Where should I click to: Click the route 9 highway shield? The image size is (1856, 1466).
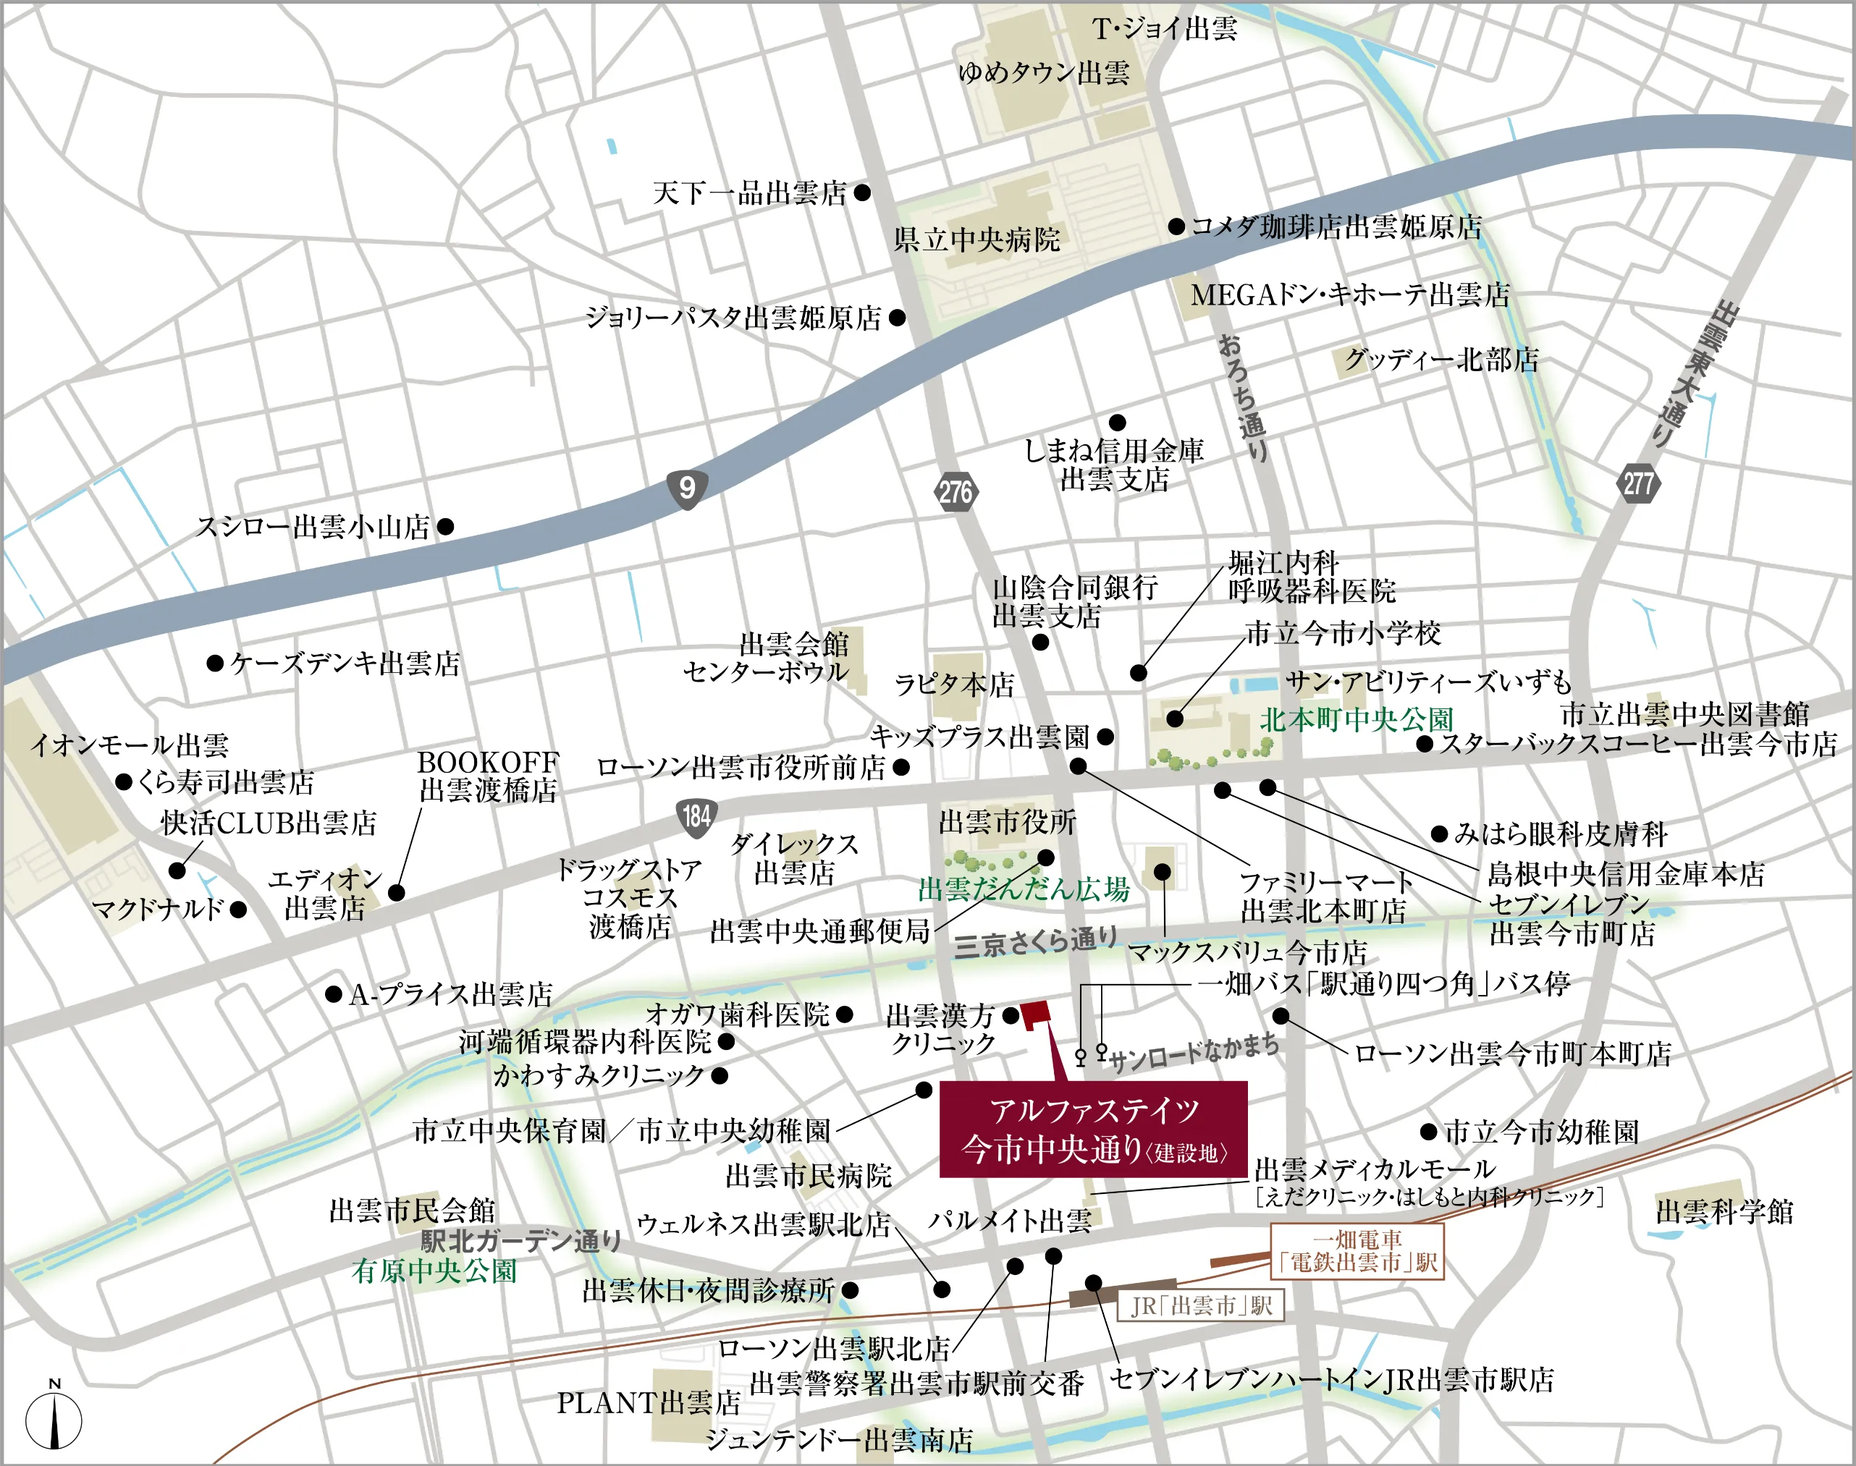click(x=687, y=488)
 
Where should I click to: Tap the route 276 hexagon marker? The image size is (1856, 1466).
click(x=955, y=492)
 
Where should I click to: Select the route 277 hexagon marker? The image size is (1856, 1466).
click(x=1638, y=483)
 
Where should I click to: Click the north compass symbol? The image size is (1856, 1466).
click(x=54, y=1419)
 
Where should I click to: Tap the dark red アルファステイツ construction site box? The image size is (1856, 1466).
click(x=1094, y=1129)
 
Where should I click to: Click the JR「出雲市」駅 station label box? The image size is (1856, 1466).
click(x=1200, y=1305)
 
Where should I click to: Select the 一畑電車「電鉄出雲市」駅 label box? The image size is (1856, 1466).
click(x=1357, y=1251)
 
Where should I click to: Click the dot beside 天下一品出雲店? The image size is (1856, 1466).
click(x=862, y=192)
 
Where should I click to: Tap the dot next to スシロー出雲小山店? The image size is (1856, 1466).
click(x=444, y=526)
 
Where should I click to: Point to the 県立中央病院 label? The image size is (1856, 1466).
click(x=977, y=240)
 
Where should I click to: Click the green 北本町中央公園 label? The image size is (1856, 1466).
click(x=1357, y=719)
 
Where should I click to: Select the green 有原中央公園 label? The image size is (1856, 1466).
click(x=434, y=1271)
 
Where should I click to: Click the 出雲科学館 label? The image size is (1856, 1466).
click(x=1724, y=1212)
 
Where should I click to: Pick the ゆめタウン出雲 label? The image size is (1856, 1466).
click(x=1043, y=72)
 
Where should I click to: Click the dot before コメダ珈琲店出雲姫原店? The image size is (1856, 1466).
click(x=1176, y=226)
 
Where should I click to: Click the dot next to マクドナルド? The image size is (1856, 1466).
click(x=238, y=909)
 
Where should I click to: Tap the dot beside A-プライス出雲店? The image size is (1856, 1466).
click(x=334, y=994)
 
